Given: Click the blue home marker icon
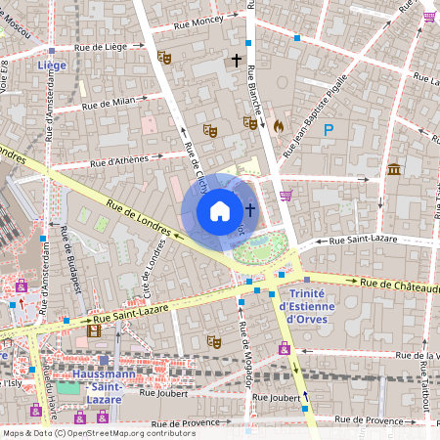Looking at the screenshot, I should click(x=220, y=211).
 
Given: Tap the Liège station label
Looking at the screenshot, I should click(x=51, y=66).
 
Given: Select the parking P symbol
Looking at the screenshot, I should click(x=330, y=128).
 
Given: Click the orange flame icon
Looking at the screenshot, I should click(x=278, y=125).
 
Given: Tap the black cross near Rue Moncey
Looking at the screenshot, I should click(x=236, y=61).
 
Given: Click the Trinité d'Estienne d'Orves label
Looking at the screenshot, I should click(x=307, y=299).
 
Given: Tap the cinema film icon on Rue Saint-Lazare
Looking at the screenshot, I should click(x=94, y=331).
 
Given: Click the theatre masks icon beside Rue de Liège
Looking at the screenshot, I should click(x=165, y=58).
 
